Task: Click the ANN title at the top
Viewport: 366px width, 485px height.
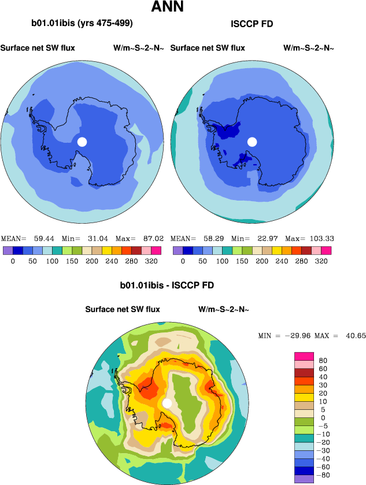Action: (x=168, y=8)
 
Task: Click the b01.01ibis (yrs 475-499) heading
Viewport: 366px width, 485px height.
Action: (x=82, y=24)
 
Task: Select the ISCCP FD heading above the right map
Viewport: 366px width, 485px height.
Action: (x=252, y=24)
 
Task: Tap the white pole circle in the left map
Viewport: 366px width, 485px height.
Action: (x=82, y=142)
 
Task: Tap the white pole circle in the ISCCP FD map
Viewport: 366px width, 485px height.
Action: (x=252, y=142)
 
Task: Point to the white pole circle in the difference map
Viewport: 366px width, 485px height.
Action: (x=167, y=403)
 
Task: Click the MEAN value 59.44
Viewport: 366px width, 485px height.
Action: (x=42, y=238)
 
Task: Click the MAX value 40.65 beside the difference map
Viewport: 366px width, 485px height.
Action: (x=354, y=335)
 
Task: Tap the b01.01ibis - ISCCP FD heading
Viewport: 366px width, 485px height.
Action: (x=167, y=286)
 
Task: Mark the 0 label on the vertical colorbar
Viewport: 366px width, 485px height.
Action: (x=322, y=417)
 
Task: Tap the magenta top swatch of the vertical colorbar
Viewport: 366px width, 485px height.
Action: (x=304, y=356)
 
